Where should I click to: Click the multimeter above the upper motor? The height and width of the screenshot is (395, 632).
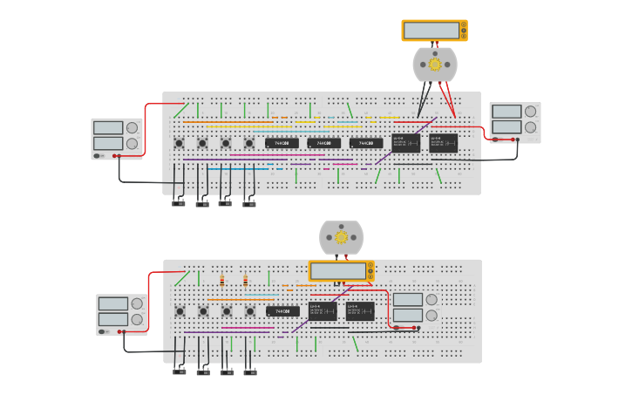(434, 31)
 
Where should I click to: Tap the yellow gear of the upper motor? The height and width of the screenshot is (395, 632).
(435, 64)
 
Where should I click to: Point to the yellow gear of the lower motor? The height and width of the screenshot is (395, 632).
(341, 237)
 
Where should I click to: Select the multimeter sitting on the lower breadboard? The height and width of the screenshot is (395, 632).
(341, 271)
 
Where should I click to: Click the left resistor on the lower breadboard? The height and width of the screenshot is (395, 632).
(222, 281)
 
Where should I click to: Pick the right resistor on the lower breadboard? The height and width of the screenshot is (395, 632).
(246, 281)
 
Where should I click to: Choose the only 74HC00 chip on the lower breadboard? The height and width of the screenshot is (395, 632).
(282, 311)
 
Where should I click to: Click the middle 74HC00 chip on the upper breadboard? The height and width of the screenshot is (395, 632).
(323, 143)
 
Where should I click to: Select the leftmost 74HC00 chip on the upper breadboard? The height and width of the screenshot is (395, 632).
(282, 143)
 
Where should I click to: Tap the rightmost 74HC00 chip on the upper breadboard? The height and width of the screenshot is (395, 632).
(366, 143)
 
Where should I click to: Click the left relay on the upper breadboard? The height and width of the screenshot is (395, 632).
(406, 143)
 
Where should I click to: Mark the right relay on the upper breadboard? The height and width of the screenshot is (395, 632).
(444, 143)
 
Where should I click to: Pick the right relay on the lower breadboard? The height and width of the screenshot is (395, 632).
(360, 311)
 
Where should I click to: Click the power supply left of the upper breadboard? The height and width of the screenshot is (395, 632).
(117, 138)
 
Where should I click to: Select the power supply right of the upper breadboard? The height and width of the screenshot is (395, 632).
(514, 122)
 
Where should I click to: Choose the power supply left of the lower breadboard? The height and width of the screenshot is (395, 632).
(121, 314)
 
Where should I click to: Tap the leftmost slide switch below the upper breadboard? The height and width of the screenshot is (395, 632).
(179, 204)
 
